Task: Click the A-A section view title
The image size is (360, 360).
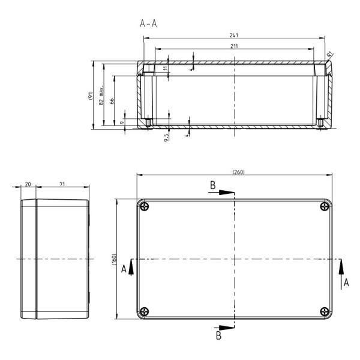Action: pyautogui.click(x=149, y=24)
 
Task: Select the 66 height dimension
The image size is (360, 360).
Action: pyautogui.click(x=112, y=100)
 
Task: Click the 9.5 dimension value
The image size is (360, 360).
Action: pyautogui.click(x=166, y=136)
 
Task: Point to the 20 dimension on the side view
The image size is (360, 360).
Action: pyautogui.click(x=28, y=184)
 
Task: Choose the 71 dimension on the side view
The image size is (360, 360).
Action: pyautogui.click(x=62, y=184)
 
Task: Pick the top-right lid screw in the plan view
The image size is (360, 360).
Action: pyautogui.click(x=325, y=207)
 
